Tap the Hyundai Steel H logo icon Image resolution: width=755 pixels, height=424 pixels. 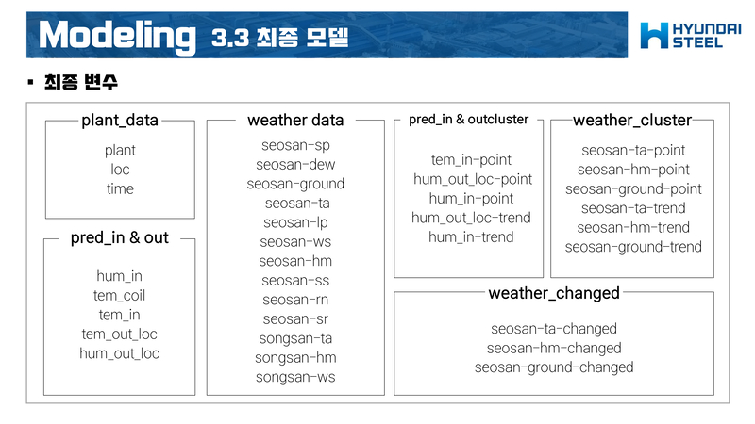(x=654, y=35)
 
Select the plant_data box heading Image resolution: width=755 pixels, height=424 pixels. (x=120, y=121)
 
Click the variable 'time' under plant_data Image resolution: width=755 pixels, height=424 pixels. (x=120, y=188)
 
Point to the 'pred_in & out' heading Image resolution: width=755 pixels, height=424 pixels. (x=120, y=237)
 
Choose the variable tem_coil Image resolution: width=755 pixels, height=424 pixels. (x=120, y=296)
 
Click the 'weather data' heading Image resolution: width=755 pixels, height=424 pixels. (x=295, y=121)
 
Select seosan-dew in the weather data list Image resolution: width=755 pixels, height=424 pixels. (x=295, y=165)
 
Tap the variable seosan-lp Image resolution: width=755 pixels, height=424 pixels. (x=295, y=222)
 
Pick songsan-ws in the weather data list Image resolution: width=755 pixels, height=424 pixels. (x=295, y=377)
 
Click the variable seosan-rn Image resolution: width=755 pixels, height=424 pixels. (x=295, y=300)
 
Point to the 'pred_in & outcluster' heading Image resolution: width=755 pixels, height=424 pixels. (x=468, y=120)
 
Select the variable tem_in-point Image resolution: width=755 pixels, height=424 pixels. (x=472, y=159)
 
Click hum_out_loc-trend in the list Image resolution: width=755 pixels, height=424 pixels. (x=472, y=218)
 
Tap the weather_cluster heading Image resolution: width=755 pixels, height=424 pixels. (x=632, y=121)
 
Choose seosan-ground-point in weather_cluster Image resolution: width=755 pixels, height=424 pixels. (x=633, y=188)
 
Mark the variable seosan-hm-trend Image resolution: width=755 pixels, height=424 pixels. (x=633, y=227)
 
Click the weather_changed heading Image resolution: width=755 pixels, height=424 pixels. (x=554, y=293)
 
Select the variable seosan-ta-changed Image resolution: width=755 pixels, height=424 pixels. (x=554, y=329)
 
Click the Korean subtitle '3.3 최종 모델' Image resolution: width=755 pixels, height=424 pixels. (x=280, y=39)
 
